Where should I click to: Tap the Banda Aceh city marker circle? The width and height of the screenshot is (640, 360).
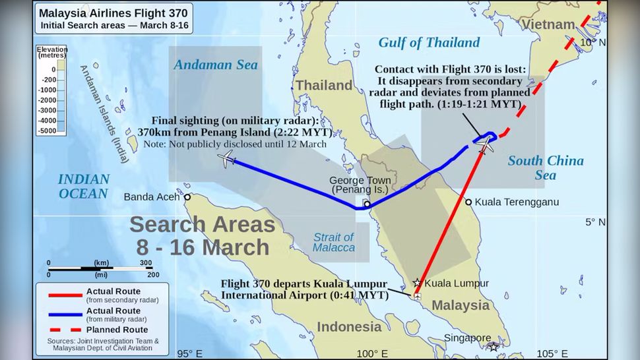pyautogui.click(x=187, y=196)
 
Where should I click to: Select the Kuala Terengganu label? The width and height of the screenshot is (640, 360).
pyautogui.click(x=517, y=202)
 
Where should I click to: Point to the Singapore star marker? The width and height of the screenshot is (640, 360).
pyautogui.click(x=494, y=347)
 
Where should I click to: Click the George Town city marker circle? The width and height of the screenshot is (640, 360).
pyautogui.click(x=367, y=204)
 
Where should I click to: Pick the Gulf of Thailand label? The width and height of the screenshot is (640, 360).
pyautogui.click(x=429, y=43)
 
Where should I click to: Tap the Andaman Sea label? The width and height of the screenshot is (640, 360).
pyautogui.click(x=215, y=65)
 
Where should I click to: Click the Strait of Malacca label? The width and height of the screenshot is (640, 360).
pyautogui.click(x=333, y=242)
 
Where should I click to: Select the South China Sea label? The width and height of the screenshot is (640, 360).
pyautogui.click(x=545, y=167)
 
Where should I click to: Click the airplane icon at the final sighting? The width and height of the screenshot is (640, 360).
pyautogui.click(x=226, y=158)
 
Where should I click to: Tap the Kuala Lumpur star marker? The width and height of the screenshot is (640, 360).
pyautogui.click(x=416, y=283)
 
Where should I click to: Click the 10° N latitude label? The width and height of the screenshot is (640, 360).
pyautogui.click(x=592, y=42)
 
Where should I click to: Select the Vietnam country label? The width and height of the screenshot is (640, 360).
pyautogui.click(x=548, y=24)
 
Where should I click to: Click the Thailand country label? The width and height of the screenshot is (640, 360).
pyautogui.click(x=323, y=86)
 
